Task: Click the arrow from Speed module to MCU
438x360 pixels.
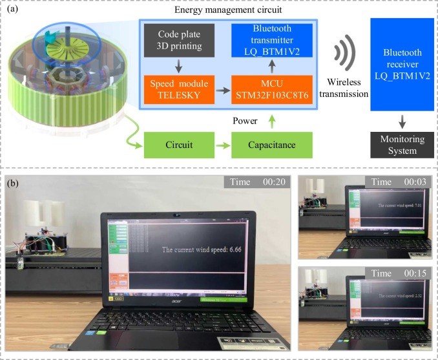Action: pos(221,89)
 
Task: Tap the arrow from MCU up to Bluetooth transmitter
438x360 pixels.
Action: pos(271,67)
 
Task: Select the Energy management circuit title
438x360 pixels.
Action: pos(230,10)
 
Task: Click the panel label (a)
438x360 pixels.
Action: pos(14,10)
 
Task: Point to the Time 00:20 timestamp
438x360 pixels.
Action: pos(255,182)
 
